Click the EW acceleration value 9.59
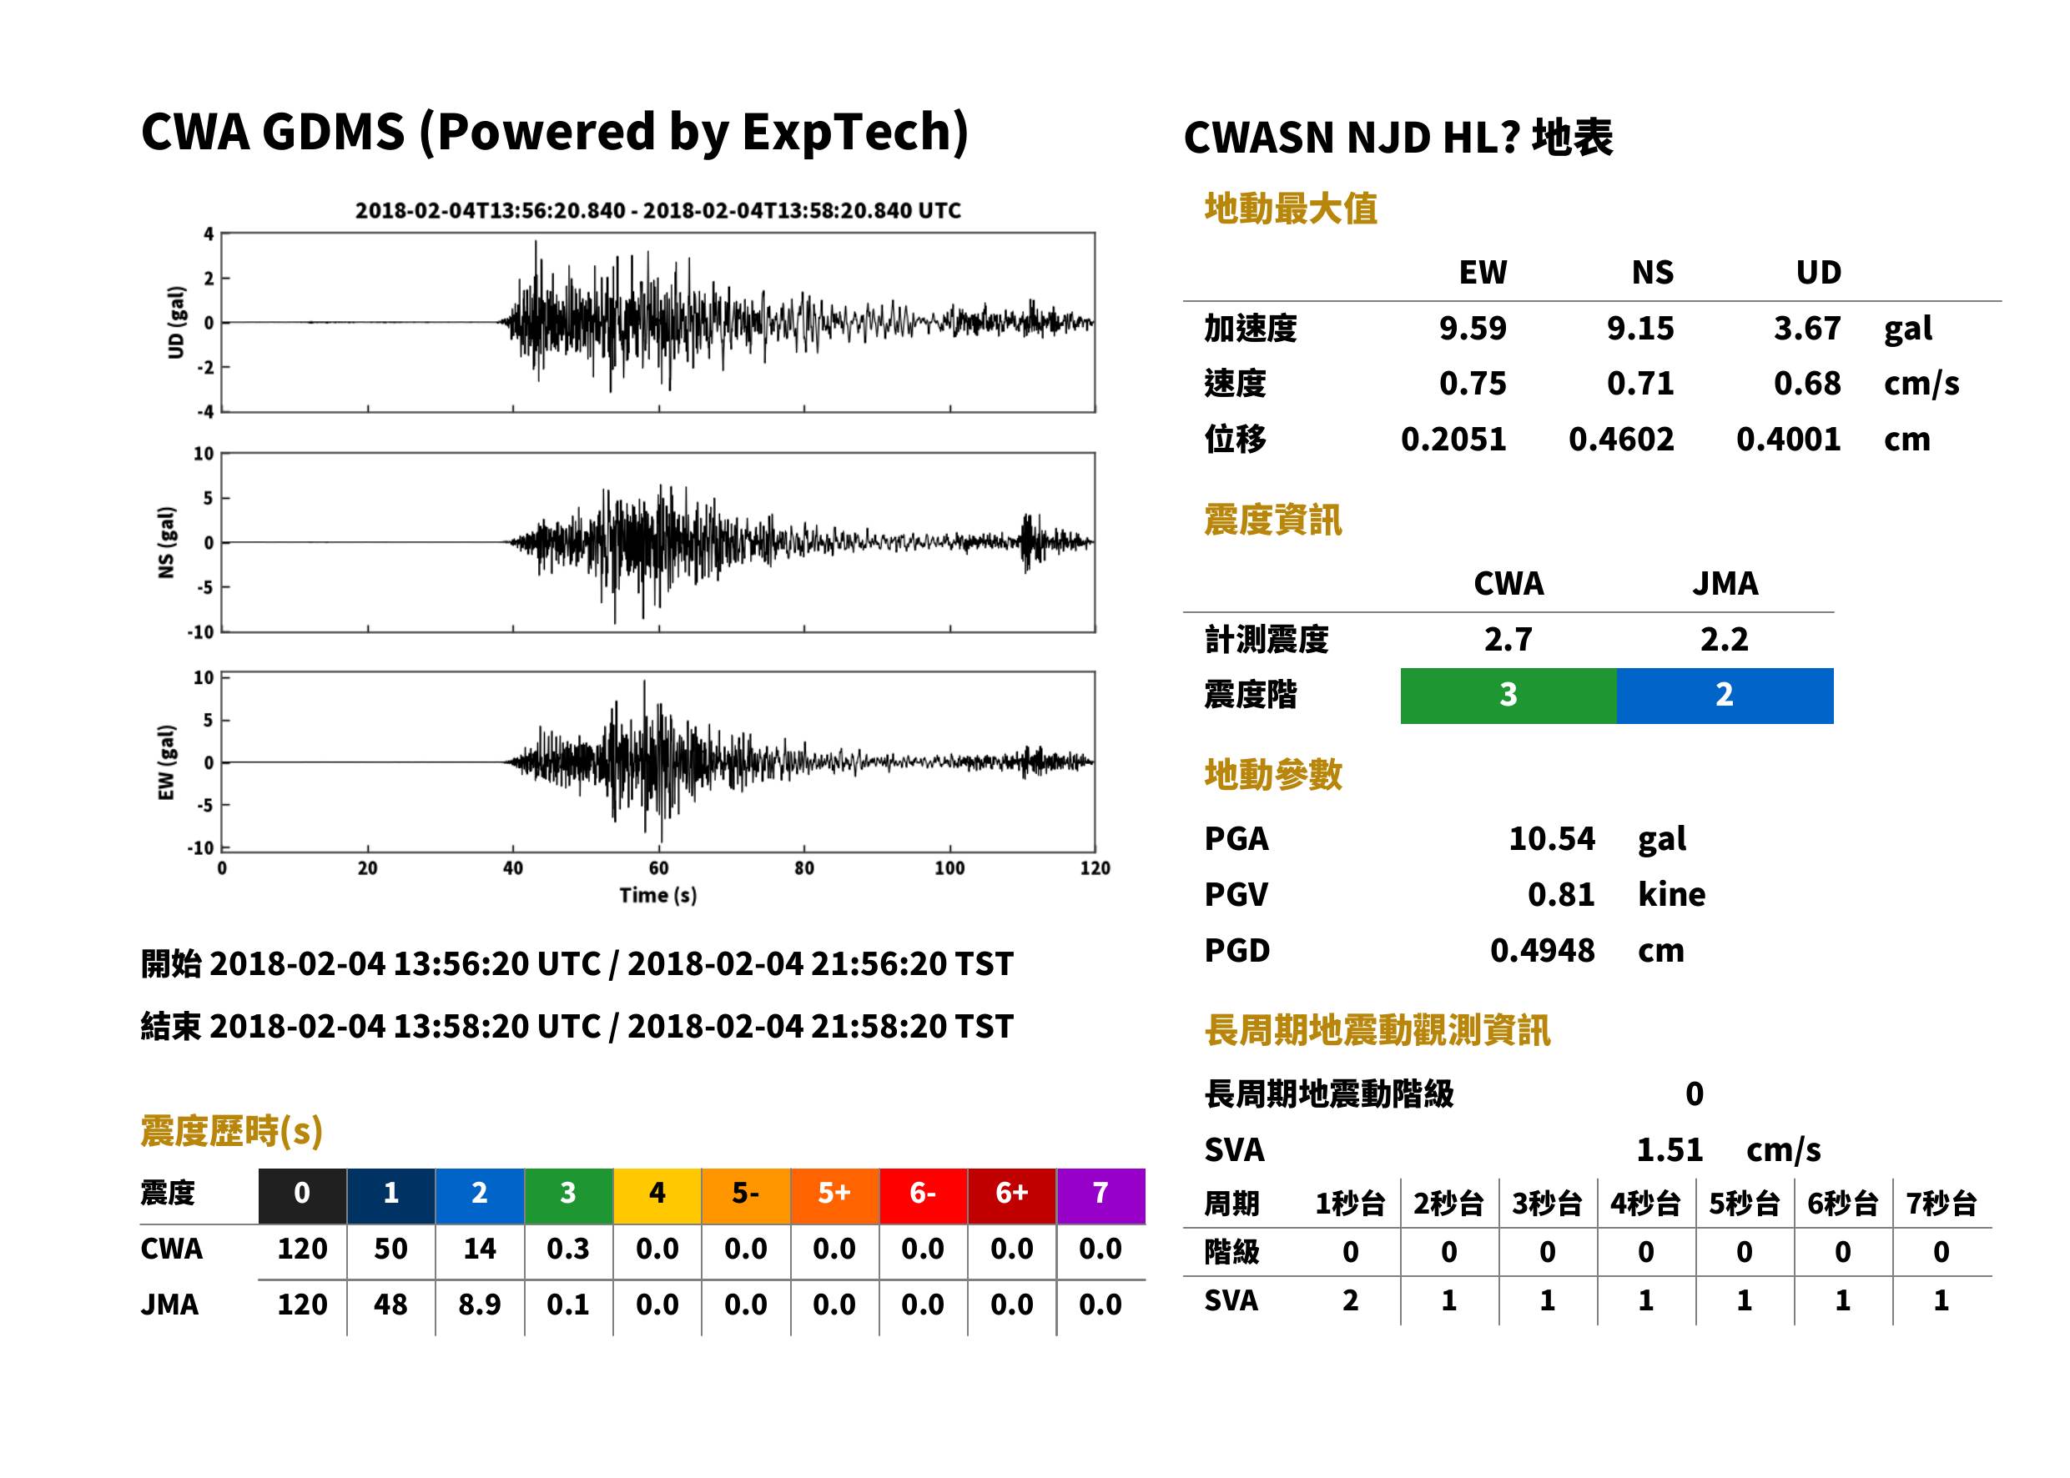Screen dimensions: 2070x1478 [x=1472, y=329]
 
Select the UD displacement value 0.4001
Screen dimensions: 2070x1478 [x=1788, y=440]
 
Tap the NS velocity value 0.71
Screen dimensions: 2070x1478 [x=1639, y=384]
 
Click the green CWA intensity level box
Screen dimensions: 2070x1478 [x=1508, y=696]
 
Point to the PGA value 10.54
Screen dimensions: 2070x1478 [x=1551, y=838]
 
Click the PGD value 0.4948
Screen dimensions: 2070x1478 [x=1542, y=951]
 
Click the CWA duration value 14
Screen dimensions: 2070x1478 [x=480, y=1249]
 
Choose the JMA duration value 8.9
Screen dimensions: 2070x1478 [x=480, y=1305]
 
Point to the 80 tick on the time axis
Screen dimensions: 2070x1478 [x=803, y=868]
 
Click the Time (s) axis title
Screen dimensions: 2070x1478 [x=658, y=896]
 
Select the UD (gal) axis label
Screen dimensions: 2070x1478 [x=176, y=322]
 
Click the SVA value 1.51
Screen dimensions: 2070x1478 [x=1670, y=1150]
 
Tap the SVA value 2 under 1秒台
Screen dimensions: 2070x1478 [x=1350, y=1300]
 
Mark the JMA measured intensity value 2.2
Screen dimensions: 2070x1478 [x=1724, y=640]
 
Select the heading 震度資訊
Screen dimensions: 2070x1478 [x=1272, y=520]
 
